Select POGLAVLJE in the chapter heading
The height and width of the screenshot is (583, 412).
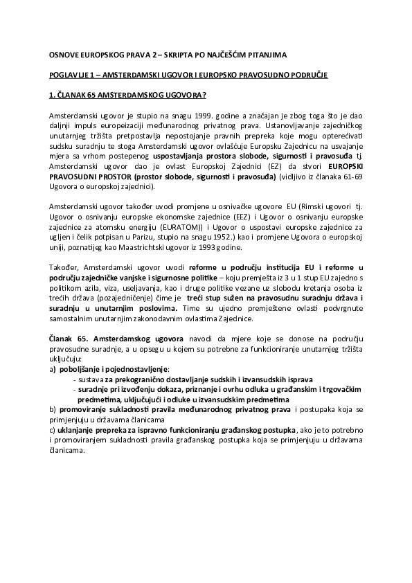tap(69, 73)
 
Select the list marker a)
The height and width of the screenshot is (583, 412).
tap(53, 370)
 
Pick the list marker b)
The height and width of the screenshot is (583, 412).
tap(53, 410)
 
